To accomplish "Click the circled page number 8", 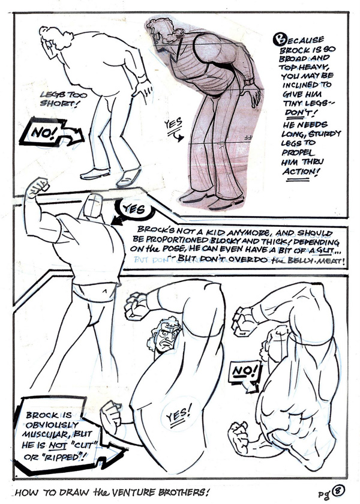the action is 338,491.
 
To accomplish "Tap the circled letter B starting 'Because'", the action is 279,40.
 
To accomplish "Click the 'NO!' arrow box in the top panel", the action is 51,133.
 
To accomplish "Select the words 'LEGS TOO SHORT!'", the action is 64,100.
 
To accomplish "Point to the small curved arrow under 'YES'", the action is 178,137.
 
